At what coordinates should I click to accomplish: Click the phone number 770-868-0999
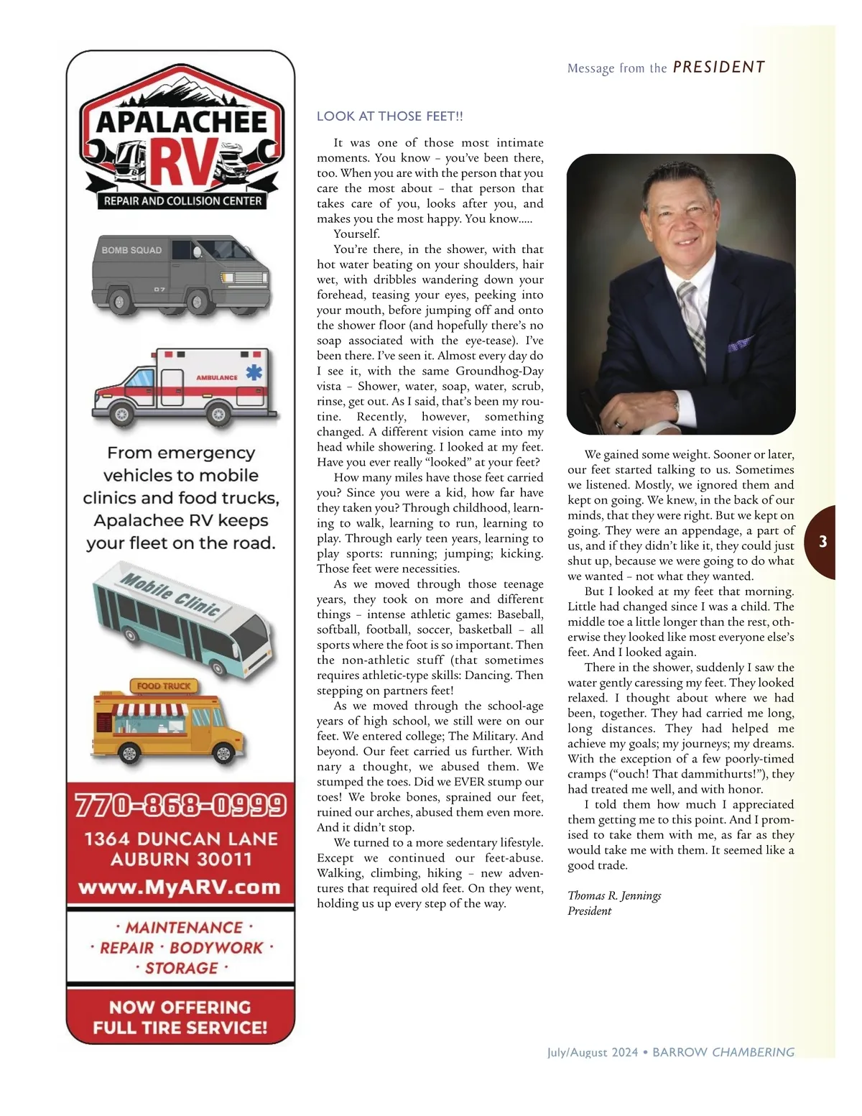180,806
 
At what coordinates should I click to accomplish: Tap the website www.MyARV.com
180,887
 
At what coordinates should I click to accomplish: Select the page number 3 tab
823,542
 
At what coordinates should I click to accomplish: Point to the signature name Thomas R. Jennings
614,895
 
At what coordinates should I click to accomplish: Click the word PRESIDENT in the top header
718,68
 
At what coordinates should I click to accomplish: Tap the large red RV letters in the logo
182,161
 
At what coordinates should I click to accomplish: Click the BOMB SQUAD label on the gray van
131,250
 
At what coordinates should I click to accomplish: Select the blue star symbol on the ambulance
254,372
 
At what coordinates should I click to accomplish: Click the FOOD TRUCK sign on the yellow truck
164,686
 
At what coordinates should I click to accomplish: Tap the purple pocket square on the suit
740,344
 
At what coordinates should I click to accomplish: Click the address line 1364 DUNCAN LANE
181,839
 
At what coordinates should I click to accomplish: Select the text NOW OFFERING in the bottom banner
180,1007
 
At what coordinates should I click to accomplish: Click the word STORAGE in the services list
182,968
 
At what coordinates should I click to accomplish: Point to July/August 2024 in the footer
593,1053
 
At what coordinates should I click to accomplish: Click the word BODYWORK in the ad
216,948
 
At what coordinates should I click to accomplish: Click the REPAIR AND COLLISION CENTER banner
182,201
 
